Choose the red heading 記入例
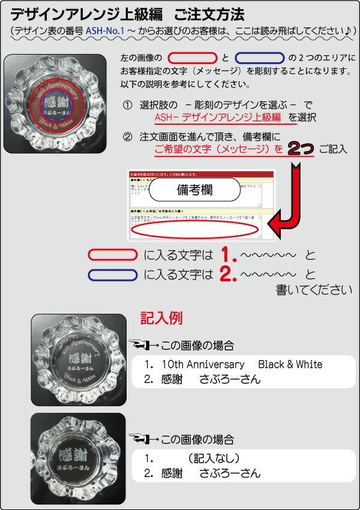pyautogui.click(x=161, y=317)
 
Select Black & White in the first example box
pyautogui.click(x=290, y=365)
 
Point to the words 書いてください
pyautogui.click(x=313, y=290)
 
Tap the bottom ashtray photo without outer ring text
pyautogui.click(x=78, y=457)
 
